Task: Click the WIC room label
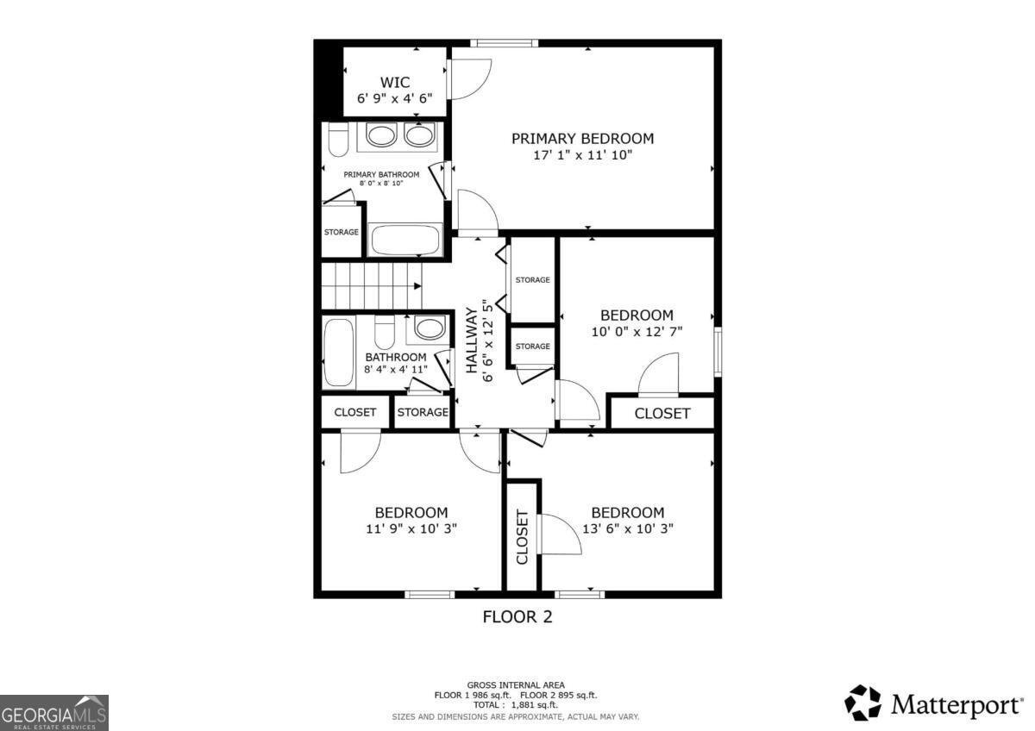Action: coord(394,83)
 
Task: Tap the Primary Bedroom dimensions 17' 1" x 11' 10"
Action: coord(582,156)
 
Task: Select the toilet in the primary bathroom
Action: coord(337,139)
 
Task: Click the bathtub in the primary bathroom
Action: coord(405,240)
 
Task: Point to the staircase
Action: coord(371,285)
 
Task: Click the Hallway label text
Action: coord(472,341)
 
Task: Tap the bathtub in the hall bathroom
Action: coord(337,352)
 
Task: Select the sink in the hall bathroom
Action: coord(429,328)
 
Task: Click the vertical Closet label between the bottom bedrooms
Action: coord(522,537)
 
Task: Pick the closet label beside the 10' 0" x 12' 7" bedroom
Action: coord(662,414)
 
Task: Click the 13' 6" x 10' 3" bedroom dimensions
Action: coord(627,528)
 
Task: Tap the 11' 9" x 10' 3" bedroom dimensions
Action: coord(411,528)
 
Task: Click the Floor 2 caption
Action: coord(517,617)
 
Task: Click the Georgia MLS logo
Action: coord(54,713)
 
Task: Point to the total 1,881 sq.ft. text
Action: coord(516,705)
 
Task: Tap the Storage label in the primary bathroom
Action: coord(341,232)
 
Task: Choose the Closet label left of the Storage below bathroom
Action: coord(354,412)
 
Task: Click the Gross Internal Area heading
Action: coord(516,685)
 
